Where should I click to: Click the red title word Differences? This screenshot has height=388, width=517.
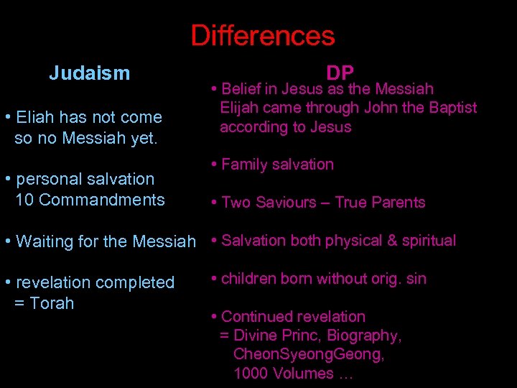[x=263, y=36]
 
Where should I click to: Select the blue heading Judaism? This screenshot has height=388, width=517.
[x=90, y=73]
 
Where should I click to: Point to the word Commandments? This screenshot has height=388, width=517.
[x=101, y=200]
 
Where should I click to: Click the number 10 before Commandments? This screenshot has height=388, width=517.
[x=24, y=200]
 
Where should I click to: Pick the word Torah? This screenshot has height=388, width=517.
[x=52, y=303]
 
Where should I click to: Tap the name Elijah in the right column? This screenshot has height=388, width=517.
[x=240, y=108]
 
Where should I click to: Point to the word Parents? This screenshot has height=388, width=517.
[x=396, y=203]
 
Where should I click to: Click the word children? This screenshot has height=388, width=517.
[x=248, y=279]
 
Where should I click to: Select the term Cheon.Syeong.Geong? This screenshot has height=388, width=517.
[x=309, y=354]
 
